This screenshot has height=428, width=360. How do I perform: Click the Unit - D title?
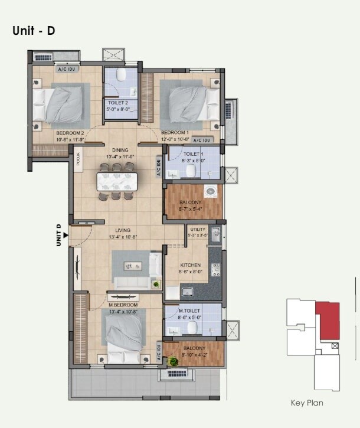[x=34, y=31]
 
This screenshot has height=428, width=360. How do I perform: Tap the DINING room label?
[x=120, y=150]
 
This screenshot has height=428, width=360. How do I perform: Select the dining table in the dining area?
[x=117, y=181]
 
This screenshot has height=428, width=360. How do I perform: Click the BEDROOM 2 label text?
[x=70, y=133]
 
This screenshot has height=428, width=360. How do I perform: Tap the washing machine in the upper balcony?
[x=210, y=192]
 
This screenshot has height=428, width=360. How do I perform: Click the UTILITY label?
[x=197, y=229]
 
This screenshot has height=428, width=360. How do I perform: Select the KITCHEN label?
[x=191, y=265]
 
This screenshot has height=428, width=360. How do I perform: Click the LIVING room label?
[x=123, y=230]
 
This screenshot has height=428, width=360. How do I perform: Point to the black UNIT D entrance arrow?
[x=66, y=234]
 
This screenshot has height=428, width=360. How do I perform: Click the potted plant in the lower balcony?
[x=174, y=361]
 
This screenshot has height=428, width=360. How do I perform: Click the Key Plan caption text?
[x=307, y=403]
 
